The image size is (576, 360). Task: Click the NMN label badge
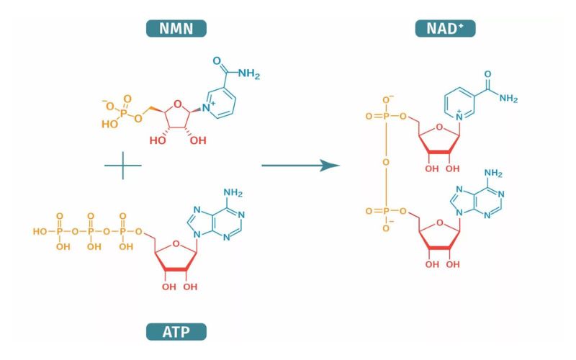tap(176, 29)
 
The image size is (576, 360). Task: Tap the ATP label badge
tap(176, 332)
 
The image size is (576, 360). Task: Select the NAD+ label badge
tap(445, 29)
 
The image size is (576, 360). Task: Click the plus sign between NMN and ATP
tap(122, 166)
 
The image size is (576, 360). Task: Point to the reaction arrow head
tap(330, 166)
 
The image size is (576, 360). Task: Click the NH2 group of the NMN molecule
tap(249, 73)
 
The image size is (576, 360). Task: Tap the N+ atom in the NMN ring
tap(208, 107)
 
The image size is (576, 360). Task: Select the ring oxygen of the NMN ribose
tap(177, 104)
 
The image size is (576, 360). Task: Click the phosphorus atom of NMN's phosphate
tap(122, 114)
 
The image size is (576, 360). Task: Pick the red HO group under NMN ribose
tap(158, 140)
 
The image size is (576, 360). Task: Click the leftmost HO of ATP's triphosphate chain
tap(40, 231)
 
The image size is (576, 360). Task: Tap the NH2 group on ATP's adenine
tap(233, 192)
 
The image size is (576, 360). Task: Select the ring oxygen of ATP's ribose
tap(176, 243)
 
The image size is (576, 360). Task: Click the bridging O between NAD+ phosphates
tap(386, 162)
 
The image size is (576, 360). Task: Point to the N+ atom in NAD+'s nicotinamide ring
tap(459, 117)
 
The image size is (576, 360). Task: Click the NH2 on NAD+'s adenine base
tap(493, 173)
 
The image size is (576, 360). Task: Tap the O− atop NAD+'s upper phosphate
tap(387, 99)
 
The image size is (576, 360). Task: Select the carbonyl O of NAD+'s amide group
tap(487, 74)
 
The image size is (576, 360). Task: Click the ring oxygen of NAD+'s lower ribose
tap(439, 222)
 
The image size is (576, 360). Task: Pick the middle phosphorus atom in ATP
tap(91, 231)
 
